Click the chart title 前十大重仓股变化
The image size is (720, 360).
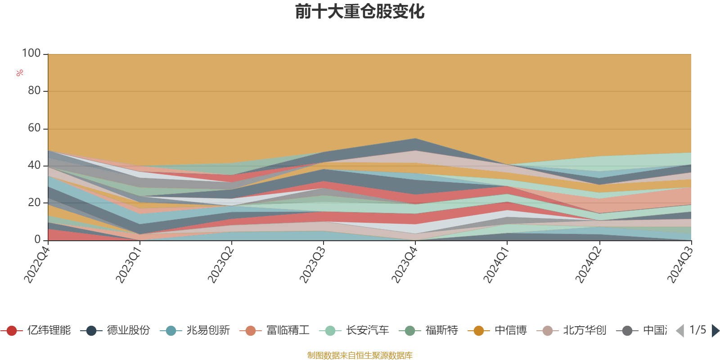click(x=360, y=12)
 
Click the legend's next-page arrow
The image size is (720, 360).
click(x=715, y=331)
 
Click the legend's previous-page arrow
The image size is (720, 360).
click(x=680, y=331)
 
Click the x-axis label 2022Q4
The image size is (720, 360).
click(x=37, y=265)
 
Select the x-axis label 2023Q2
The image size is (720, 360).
click(x=220, y=265)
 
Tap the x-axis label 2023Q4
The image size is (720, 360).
click(x=404, y=265)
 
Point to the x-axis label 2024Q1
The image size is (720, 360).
click(x=496, y=265)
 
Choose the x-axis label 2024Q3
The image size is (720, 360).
click(x=679, y=265)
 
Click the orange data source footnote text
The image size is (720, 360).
click(x=360, y=355)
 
